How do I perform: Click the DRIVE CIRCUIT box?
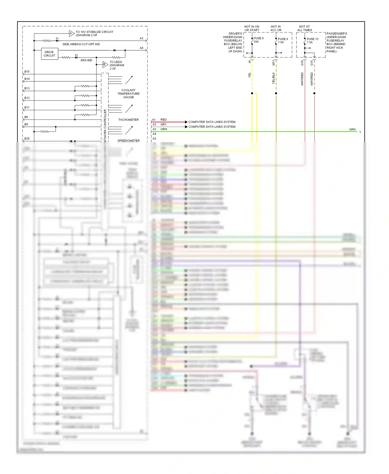[x=49, y=54]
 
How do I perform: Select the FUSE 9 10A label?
[x=258, y=40]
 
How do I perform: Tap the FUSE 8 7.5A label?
[x=283, y=41]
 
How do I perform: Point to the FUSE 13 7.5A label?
[x=312, y=41]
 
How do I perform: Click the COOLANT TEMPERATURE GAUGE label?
[x=128, y=94]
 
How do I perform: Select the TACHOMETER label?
[x=128, y=120]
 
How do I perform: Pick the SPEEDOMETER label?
[x=128, y=141]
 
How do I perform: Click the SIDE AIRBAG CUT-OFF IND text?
[x=81, y=44]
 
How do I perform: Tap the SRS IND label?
[x=86, y=60]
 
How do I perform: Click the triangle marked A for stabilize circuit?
[x=71, y=33]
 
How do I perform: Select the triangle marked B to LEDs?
[x=105, y=65]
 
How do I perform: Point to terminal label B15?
[x=27, y=72]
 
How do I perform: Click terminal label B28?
[x=27, y=138]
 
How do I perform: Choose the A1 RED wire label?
[x=163, y=120]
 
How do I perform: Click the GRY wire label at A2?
[x=163, y=124]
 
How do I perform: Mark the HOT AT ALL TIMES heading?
[x=304, y=28]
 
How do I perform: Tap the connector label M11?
[x=273, y=62]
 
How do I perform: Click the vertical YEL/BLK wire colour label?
[x=273, y=78]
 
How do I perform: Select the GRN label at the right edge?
[x=352, y=129]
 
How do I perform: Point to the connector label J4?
[x=249, y=62]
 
